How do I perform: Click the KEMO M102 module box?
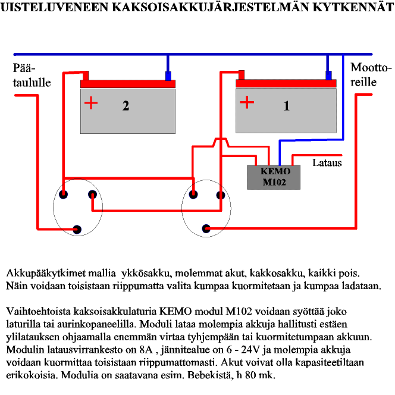click(274, 177)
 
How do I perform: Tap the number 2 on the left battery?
click(126, 106)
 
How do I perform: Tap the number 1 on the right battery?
click(287, 106)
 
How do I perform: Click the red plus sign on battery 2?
click(90, 104)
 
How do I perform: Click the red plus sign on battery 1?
click(246, 103)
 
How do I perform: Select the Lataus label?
click(327, 162)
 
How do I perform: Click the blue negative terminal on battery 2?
click(168, 76)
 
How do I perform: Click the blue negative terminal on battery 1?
click(328, 76)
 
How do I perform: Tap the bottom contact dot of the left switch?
click(76, 228)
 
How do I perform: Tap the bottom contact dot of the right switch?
click(206, 228)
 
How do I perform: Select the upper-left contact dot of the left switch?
click(63, 194)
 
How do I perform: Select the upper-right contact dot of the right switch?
click(221, 194)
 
